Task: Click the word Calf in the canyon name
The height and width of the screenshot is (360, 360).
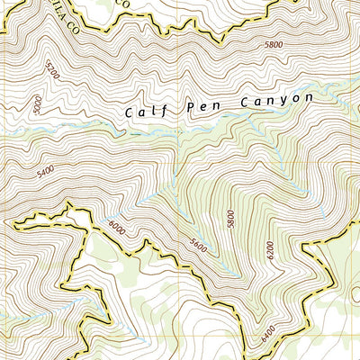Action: coord(143,112)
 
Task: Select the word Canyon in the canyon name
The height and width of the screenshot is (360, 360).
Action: coord(275,100)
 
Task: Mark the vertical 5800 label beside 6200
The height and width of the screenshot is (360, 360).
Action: coord(231,220)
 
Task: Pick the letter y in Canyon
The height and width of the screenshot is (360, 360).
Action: coord(283,101)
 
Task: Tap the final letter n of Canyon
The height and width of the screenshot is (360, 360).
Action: coord(308,96)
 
